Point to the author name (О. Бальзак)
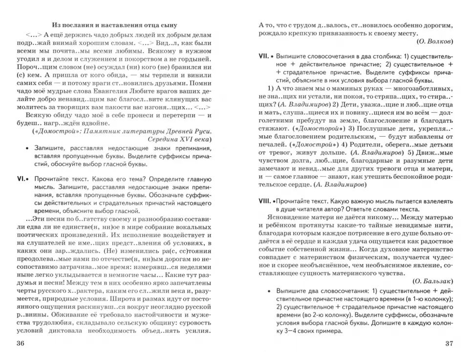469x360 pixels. (432, 281)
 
